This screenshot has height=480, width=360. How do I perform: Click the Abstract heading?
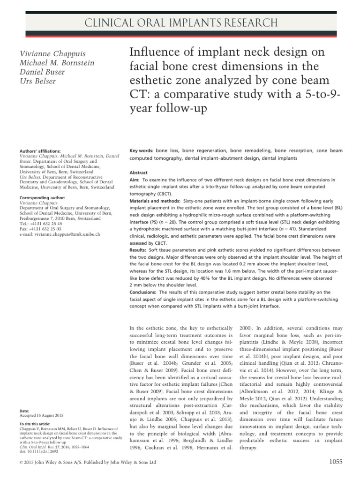click(x=139, y=172)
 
